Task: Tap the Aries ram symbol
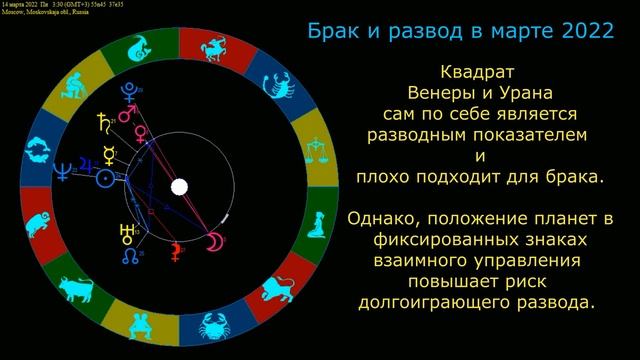tap(35, 222)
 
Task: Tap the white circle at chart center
tap(180, 187)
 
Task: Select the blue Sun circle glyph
tap(103, 180)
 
